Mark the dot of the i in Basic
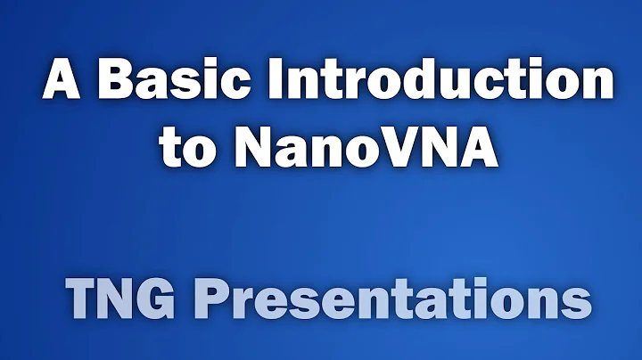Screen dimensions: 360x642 point(206,64)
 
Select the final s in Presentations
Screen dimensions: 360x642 point(578,304)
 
